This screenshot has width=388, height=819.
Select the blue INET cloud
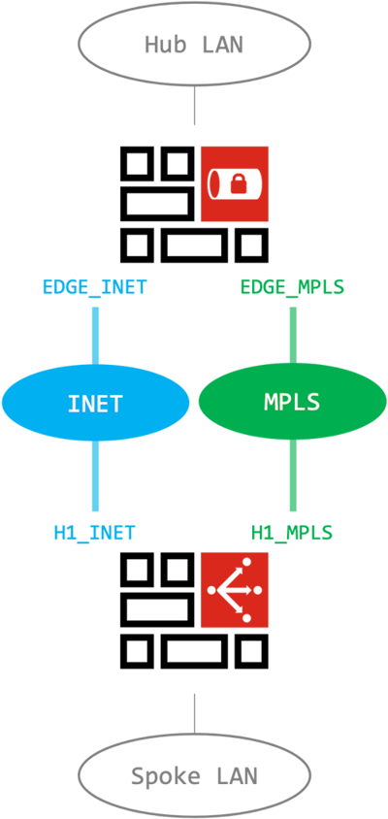click(x=95, y=402)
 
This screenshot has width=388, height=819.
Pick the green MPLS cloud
click(x=292, y=402)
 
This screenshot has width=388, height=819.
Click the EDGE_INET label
click(x=94, y=287)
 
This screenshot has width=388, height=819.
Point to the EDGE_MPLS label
click(x=292, y=287)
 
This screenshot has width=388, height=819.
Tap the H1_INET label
click(x=94, y=533)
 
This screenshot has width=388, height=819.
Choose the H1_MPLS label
click(x=292, y=533)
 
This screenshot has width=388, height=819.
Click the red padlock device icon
click(x=234, y=183)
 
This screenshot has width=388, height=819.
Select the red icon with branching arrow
click(x=234, y=590)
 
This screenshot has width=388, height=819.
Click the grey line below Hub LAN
click(x=194, y=106)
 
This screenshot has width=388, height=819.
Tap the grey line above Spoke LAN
click(x=194, y=712)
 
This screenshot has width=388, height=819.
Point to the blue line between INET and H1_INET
click(x=95, y=475)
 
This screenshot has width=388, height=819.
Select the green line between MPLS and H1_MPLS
click(x=293, y=475)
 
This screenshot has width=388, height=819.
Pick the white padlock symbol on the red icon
click(x=239, y=182)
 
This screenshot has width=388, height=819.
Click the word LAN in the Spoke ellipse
click(x=234, y=777)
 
